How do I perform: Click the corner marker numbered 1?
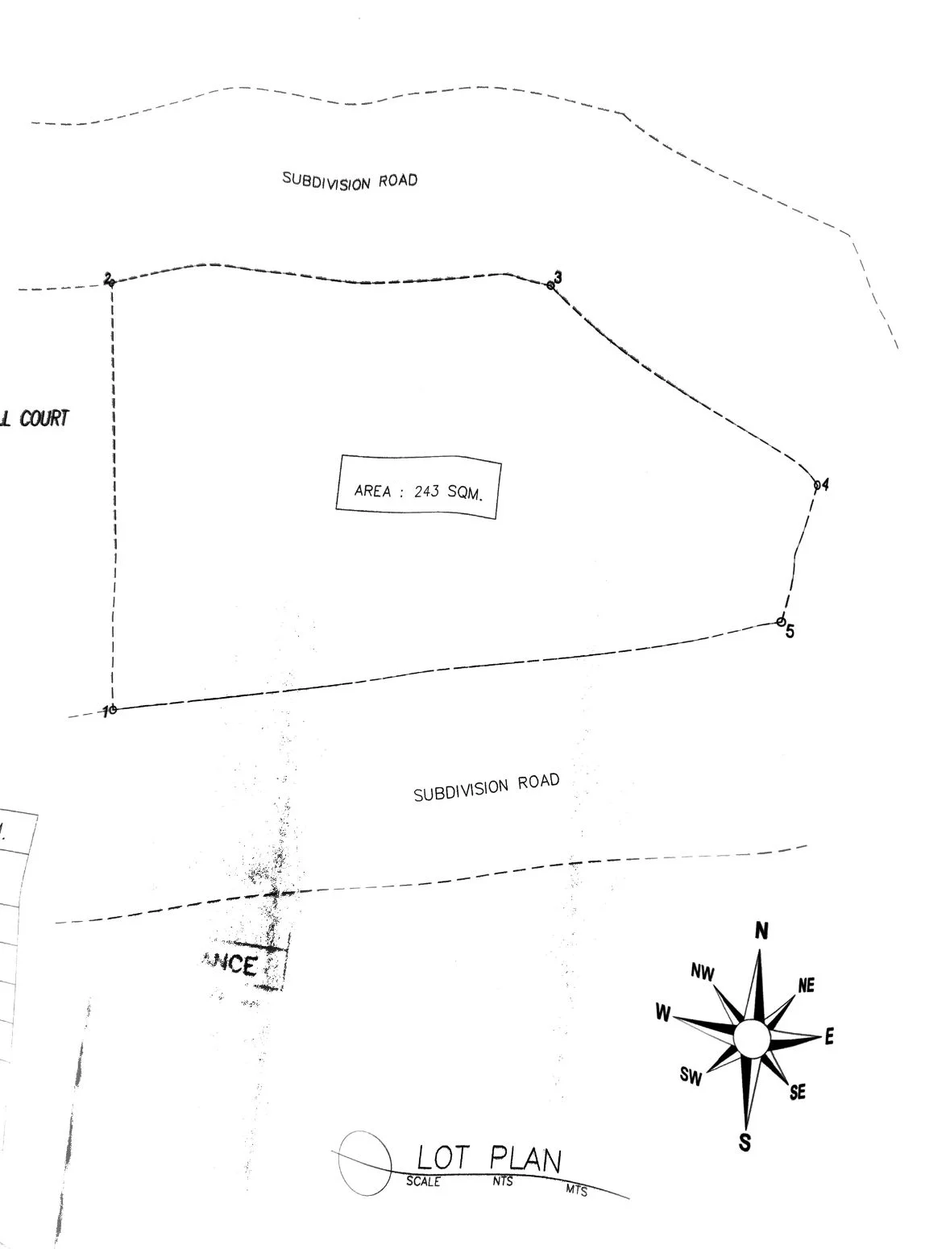pos(113,709)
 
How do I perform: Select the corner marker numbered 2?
pos(111,282)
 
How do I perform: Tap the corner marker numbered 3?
pos(551,285)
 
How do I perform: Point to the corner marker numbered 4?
pos(817,485)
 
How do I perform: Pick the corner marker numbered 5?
pos(781,621)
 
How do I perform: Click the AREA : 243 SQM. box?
pos(418,488)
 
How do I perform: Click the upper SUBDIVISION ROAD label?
pos(350,181)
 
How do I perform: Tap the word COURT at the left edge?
pos(44,419)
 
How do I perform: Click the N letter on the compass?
pos(761,932)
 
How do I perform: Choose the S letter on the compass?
pos(745,1142)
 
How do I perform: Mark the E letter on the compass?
pos(829,1037)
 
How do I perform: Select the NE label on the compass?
pos(806,986)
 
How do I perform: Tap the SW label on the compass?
pos(691,1077)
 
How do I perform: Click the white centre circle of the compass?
pos(753,1037)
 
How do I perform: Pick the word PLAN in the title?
pos(525,1160)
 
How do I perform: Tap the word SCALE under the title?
pos(423,1182)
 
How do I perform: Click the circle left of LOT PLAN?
pos(365,1161)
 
